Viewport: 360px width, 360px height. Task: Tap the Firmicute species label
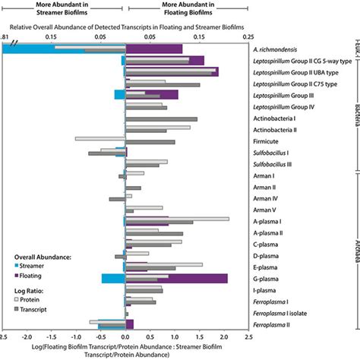point(269,141)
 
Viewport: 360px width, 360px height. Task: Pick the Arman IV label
point(264,198)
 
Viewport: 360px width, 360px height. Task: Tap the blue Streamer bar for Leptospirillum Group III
point(119,95)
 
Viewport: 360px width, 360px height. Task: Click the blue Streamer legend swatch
point(17,267)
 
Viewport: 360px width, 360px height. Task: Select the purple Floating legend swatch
point(17,277)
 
